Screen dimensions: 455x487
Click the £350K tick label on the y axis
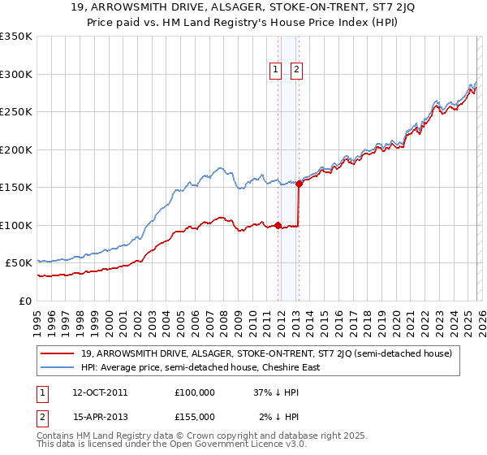click(x=16, y=37)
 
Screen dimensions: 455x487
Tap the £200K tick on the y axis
click(x=16, y=149)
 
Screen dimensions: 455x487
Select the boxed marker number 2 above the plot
click(x=295, y=71)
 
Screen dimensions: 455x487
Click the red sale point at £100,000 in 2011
click(x=278, y=225)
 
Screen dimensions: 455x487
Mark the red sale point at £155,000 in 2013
click(x=299, y=184)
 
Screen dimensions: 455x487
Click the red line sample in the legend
click(x=58, y=353)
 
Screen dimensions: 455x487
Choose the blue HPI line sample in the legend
click(x=58, y=367)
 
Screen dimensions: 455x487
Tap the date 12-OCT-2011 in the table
click(x=100, y=392)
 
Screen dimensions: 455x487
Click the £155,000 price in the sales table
click(x=195, y=416)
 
